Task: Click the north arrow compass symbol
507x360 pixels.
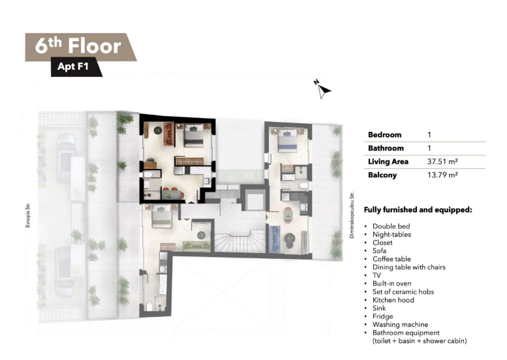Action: tap(322, 89)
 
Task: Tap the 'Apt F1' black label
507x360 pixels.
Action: tap(73, 67)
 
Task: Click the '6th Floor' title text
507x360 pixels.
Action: tap(78, 46)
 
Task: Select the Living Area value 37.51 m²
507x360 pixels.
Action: tap(442, 161)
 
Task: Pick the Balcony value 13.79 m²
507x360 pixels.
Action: tap(442, 175)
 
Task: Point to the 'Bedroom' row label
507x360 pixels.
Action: tap(384, 134)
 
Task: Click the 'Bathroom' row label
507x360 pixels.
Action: tap(386, 148)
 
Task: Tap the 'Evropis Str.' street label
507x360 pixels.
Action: tap(28, 215)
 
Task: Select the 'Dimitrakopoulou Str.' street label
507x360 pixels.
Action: tap(352, 215)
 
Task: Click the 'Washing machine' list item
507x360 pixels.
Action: tap(400, 324)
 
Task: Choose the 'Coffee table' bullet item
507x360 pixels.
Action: tap(392, 259)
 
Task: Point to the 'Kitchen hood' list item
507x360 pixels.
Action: tap(393, 300)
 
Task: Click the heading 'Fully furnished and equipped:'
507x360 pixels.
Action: tap(418, 210)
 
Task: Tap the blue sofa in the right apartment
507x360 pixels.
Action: tap(275, 239)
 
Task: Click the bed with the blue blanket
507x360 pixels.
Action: tap(288, 140)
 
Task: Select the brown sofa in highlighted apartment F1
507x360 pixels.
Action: tap(169, 134)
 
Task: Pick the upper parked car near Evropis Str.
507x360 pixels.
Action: tap(66, 158)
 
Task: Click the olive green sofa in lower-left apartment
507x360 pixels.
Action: tap(196, 247)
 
